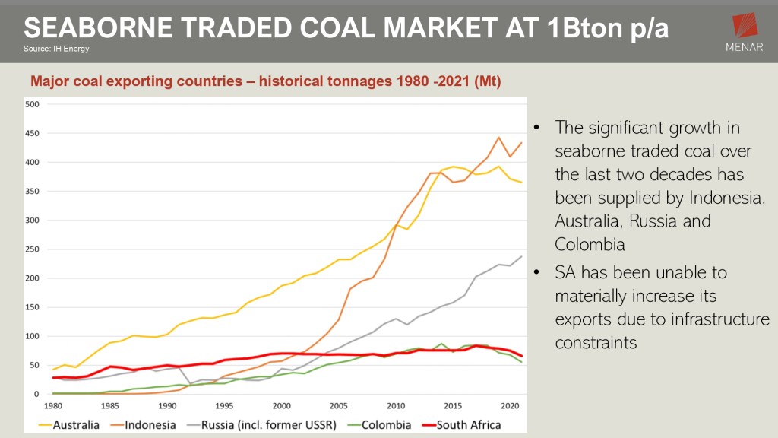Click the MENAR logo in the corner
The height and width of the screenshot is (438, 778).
click(745, 33)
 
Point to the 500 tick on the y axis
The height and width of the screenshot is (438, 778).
click(32, 104)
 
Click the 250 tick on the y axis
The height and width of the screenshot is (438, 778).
click(32, 249)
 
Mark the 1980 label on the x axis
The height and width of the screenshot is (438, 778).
click(53, 405)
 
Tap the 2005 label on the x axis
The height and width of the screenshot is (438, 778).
click(338, 405)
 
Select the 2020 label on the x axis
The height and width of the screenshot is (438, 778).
click(510, 405)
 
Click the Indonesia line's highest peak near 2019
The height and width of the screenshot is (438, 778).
click(498, 138)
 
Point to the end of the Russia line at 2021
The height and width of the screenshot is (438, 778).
click(521, 256)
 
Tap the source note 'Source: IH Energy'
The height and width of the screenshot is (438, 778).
click(57, 49)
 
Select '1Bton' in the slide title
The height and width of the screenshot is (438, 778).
click(581, 28)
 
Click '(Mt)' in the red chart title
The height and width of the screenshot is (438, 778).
click(485, 81)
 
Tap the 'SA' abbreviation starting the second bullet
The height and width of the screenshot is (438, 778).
click(566, 272)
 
